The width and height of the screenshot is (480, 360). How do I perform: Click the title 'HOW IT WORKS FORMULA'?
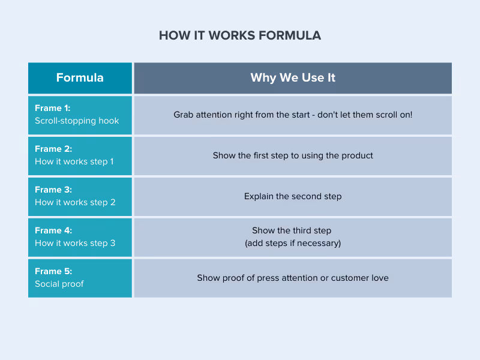(x=240, y=35)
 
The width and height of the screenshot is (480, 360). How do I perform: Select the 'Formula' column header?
(x=80, y=78)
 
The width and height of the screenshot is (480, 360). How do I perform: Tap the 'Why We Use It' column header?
(x=293, y=78)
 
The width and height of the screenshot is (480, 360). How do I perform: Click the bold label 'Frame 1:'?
(x=53, y=108)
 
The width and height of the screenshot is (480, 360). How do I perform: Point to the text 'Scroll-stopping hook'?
(x=77, y=121)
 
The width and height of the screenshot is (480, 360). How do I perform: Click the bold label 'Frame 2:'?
(x=53, y=149)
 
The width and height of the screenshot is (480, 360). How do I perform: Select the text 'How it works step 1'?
(x=74, y=161)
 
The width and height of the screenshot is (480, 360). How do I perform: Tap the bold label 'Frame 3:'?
(x=53, y=190)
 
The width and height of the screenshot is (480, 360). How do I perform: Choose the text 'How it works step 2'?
(x=75, y=202)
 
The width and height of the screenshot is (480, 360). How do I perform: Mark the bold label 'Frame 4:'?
(x=53, y=230)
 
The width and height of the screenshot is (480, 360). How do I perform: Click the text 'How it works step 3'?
(x=75, y=243)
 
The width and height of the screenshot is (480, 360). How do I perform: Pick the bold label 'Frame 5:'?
(x=53, y=271)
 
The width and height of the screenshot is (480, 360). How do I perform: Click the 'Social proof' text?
(x=59, y=284)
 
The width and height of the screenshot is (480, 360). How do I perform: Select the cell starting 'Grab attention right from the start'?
(x=293, y=115)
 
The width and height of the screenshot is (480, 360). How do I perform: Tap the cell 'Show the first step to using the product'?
(x=293, y=155)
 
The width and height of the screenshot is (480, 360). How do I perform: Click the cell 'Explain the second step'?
(x=293, y=196)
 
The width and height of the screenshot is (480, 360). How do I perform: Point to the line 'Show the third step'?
(x=292, y=230)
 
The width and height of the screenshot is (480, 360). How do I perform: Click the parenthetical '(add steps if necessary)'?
(x=293, y=243)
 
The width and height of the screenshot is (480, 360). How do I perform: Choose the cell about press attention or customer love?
(x=293, y=278)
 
